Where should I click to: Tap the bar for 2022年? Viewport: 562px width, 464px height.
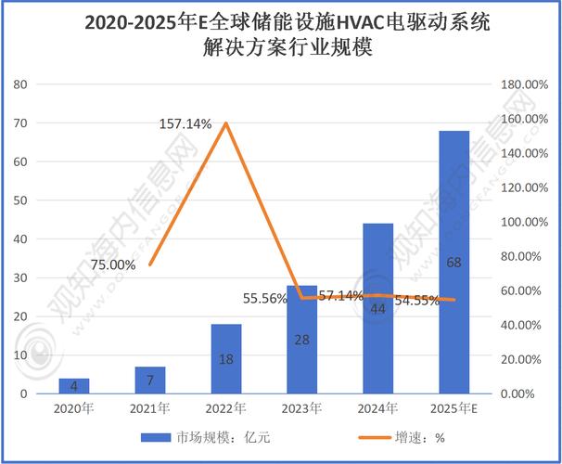(226, 358)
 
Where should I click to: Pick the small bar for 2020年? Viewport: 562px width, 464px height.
(73, 385)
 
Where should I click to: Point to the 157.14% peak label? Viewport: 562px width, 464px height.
(185, 123)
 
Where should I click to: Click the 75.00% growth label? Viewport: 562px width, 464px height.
(113, 264)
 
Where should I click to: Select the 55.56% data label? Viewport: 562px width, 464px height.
(265, 299)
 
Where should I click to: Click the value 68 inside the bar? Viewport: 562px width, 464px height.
(454, 263)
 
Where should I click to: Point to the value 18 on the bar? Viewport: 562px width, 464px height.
(226, 358)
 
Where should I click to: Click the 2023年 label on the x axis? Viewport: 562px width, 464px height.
(302, 408)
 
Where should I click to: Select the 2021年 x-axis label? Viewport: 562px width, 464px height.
(150, 408)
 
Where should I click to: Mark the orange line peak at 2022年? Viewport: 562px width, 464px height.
(226, 122)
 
